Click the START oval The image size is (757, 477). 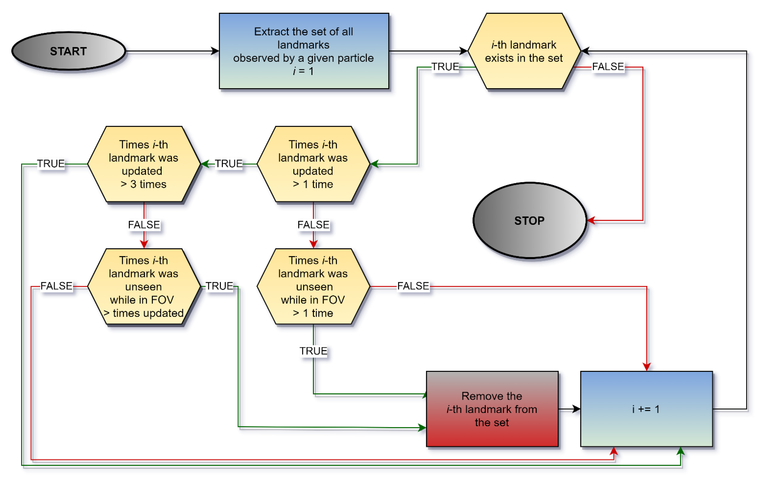(69, 51)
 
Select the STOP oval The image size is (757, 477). (530, 220)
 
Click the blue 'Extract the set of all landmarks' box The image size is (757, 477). (304, 51)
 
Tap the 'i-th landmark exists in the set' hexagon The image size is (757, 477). (524, 51)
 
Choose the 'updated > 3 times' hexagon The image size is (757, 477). (144, 164)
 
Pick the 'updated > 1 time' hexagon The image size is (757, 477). (313, 164)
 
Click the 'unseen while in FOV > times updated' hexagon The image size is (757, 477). (144, 287)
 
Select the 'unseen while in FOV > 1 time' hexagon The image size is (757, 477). (313, 287)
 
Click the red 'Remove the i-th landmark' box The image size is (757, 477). (492, 409)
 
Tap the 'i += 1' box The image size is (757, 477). (646, 409)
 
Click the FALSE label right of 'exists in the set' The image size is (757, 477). (608, 67)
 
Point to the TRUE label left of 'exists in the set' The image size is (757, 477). (445, 67)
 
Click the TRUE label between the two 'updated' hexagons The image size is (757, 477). (229, 164)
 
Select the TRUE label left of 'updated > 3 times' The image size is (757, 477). (51, 164)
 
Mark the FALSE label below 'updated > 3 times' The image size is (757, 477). (144, 225)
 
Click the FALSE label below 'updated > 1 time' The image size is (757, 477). (313, 225)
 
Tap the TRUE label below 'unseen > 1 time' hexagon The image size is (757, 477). (313, 351)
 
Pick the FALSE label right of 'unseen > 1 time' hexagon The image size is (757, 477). (413, 286)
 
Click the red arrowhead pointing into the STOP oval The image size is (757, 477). (591, 220)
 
